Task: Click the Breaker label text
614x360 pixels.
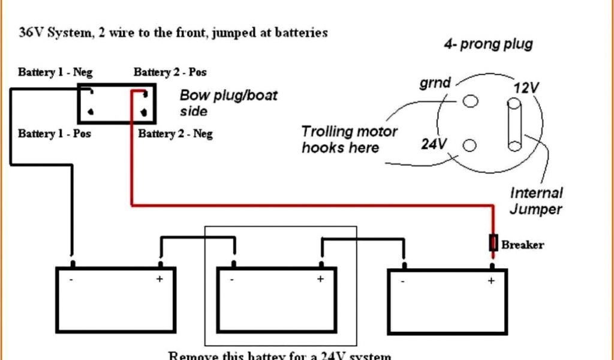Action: coord(522,245)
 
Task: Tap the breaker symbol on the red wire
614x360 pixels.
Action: coord(493,243)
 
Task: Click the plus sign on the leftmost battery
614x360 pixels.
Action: coord(159,279)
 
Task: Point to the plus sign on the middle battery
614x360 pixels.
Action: coord(320,279)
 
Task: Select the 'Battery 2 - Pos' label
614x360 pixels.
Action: coord(170,73)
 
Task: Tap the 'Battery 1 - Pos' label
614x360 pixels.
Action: coord(55,133)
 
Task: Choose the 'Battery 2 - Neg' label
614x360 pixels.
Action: coord(175,133)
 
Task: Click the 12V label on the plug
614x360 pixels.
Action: coord(526,88)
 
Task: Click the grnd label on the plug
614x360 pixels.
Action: coord(435,83)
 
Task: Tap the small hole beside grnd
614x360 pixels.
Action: coord(471,101)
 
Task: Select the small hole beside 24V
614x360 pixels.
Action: coord(469,145)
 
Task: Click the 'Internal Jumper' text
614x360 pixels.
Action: coord(536,201)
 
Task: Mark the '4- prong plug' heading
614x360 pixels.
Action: coord(488,44)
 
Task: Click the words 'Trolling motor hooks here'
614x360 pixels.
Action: coord(349,139)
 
